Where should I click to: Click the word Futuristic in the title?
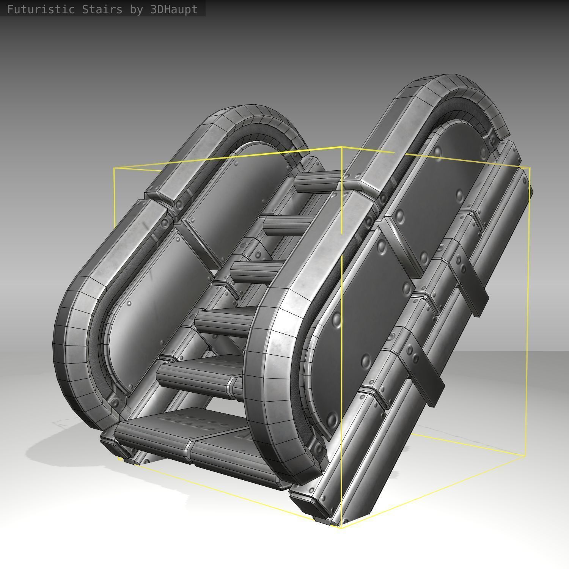coord(41,9)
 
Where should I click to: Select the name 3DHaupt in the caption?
coord(174,9)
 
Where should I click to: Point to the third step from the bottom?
coord(224,322)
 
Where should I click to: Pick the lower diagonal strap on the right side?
coord(425,372)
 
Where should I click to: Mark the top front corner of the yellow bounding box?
coord(342,147)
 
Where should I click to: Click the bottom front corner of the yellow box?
coord(341,527)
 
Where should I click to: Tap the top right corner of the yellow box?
coord(530,168)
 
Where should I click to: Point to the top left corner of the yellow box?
coord(114,168)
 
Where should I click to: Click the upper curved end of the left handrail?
coord(258,118)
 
